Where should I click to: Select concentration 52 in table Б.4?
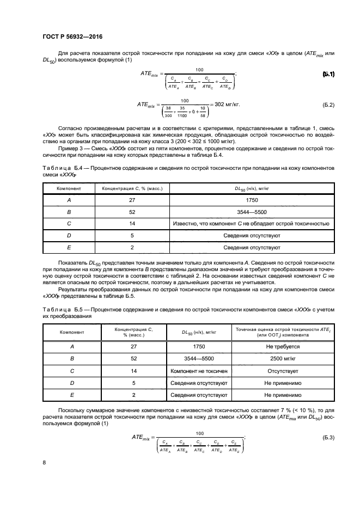(x=132, y=212)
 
